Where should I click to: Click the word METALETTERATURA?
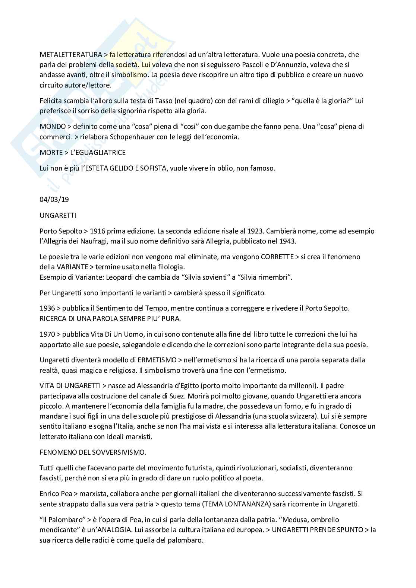tap(70, 54)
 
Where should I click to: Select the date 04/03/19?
tap(54, 199)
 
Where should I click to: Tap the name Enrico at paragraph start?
tap(49, 493)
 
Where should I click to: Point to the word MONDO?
tap(53, 126)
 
